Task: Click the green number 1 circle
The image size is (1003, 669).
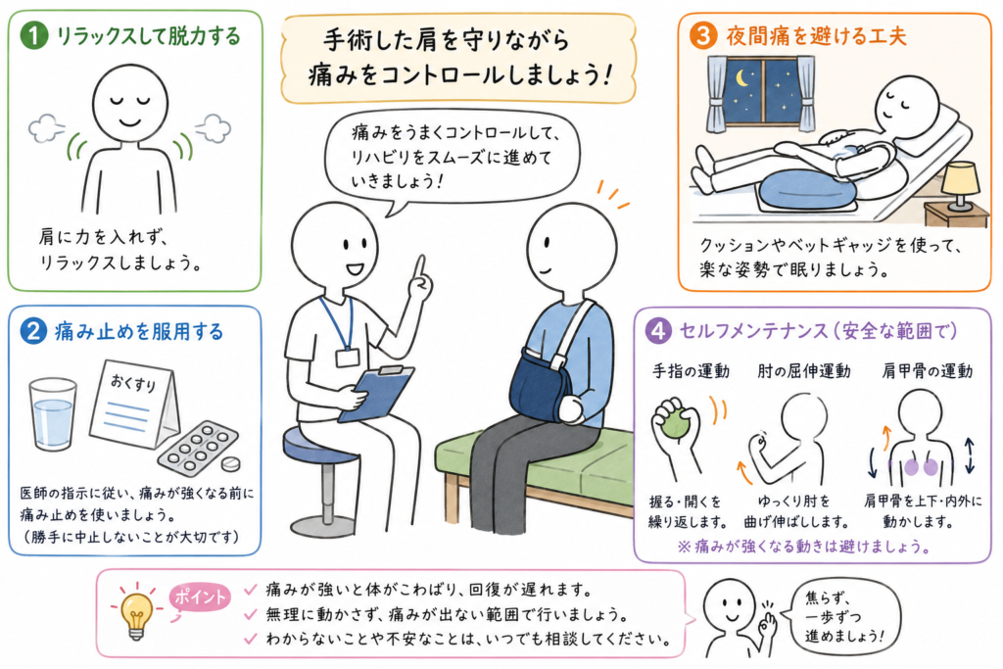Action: tap(34, 36)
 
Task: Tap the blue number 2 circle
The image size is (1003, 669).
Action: tap(33, 331)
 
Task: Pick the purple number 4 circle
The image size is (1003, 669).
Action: tap(658, 330)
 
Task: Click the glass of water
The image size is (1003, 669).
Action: tap(53, 414)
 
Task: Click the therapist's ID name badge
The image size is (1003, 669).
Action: tap(348, 357)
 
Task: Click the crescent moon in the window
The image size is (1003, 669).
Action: tap(742, 78)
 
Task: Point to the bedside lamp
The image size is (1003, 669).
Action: tap(960, 185)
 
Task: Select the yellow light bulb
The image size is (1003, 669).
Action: tap(137, 614)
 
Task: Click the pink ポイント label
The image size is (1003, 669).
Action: tap(200, 597)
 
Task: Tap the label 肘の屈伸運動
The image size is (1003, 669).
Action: tap(804, 371)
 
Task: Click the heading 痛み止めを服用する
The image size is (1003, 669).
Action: tap(139, 331)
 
